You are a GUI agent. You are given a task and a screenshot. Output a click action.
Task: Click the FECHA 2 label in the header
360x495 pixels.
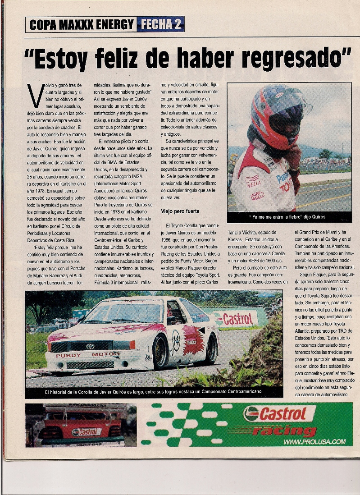click(x=160, y=24)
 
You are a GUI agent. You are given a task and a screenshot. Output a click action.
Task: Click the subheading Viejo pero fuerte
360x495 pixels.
click(x=180, y=211)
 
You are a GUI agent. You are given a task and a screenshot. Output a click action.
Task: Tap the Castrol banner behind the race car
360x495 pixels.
click(x=236, y=319)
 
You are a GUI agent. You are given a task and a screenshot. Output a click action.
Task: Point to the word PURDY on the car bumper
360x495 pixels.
click(x=68, y=355)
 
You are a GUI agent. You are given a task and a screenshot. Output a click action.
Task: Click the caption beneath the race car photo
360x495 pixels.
click(x=153, y=392)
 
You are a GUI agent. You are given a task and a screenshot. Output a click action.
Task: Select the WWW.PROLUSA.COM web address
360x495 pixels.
click(x=314, y=442)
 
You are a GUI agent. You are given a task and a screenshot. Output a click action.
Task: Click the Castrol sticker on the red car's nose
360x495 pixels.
click(x=87, y=431)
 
